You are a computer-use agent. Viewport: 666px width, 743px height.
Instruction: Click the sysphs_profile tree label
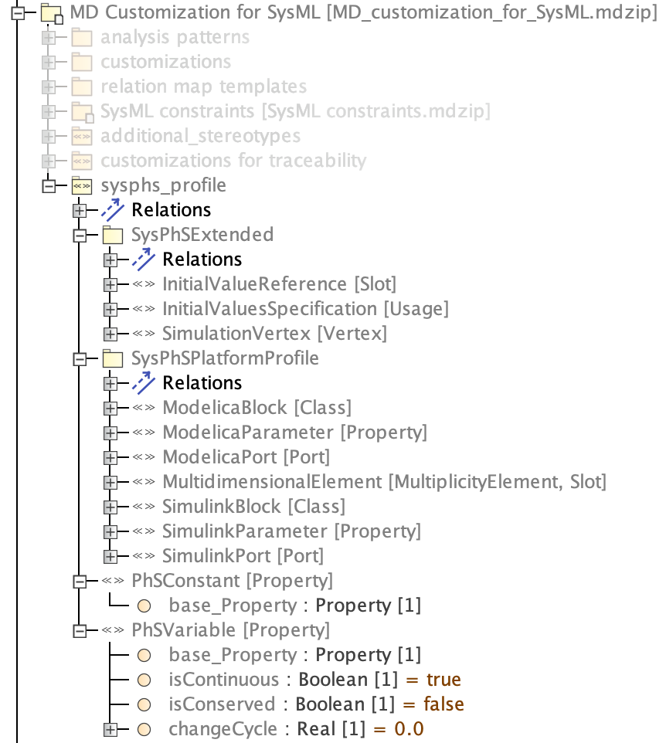click(x=163, y=185)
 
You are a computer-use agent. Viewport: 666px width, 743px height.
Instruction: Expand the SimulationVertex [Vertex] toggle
click(x=110, y=334)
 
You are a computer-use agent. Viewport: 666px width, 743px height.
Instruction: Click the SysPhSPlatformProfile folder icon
click(x=113, y=358)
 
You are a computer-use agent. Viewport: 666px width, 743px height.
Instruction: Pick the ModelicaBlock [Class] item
click(x=257, y=408)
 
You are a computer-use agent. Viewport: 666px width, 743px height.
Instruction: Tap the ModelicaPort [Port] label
click(x=246, y=457)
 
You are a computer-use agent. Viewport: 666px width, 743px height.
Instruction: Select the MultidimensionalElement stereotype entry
click(x=384, y=482)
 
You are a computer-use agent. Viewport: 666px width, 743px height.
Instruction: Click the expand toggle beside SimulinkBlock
click(x=110, y=507)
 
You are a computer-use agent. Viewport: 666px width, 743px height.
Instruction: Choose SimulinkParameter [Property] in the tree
click(x=291, y=531)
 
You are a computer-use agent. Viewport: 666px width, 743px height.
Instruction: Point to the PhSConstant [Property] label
click(x=232, y=581)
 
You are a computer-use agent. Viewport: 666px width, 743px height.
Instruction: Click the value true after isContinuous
click(x=443, y=680)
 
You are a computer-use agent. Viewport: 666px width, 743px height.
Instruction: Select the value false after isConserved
click(x=443, y=704)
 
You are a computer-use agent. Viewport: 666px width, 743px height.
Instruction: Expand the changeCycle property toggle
click(x=110, y=729)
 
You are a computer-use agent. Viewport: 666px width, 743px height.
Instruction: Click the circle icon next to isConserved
click(x=143, y=704)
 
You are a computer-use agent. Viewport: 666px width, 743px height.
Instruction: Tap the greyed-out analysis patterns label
click(x=175, y=37)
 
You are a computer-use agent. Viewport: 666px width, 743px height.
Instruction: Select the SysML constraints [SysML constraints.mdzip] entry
click(x=295, y=111)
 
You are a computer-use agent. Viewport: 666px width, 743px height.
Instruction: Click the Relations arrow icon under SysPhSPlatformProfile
click(x=144, y=383)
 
